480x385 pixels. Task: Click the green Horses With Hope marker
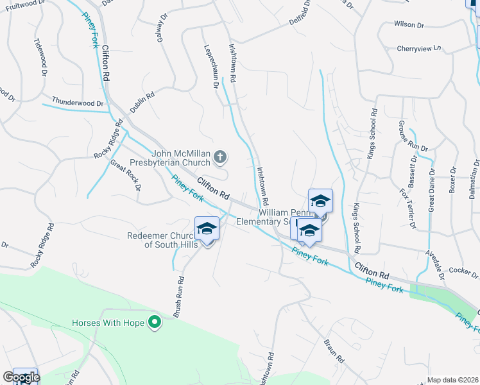tap(154, 322)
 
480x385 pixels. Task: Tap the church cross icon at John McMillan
tap(220, 156)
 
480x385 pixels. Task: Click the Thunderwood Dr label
tap(78, 103)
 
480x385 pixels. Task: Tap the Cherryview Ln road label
tap(420, 48)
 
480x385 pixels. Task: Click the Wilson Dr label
tap(409, 24)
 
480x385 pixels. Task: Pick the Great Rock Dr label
tap(125, 176)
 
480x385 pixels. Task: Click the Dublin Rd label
tap(142, 103)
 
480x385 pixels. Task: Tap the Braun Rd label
tap(331, 350)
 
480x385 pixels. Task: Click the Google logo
tap(21, 377)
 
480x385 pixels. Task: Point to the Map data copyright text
tap(453, 380)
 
